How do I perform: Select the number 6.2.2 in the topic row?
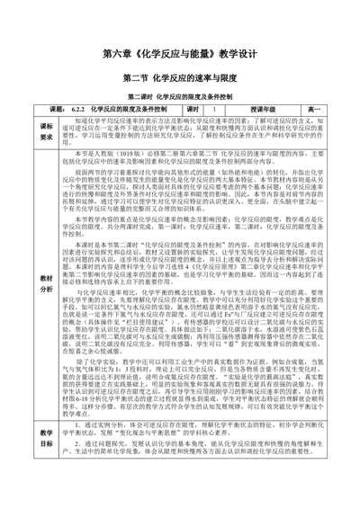pos(77,108)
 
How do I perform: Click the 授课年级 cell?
pos(266,108)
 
